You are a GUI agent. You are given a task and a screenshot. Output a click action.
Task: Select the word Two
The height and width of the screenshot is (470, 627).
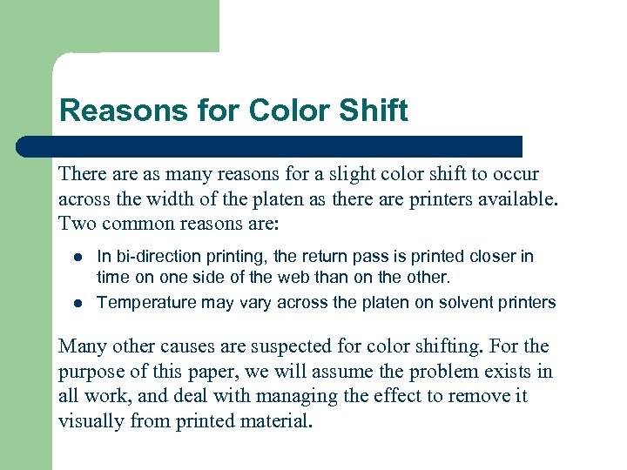click(x=76, y=223)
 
